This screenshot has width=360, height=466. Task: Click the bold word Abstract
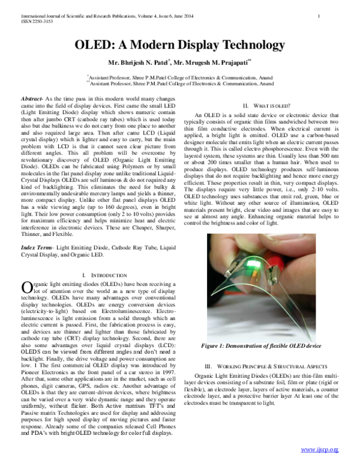click(31, 97)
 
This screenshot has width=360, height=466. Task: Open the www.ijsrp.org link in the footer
click(320, 449)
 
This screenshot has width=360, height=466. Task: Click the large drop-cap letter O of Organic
click(26, 288)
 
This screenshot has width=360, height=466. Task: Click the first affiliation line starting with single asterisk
click(181, 77)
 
